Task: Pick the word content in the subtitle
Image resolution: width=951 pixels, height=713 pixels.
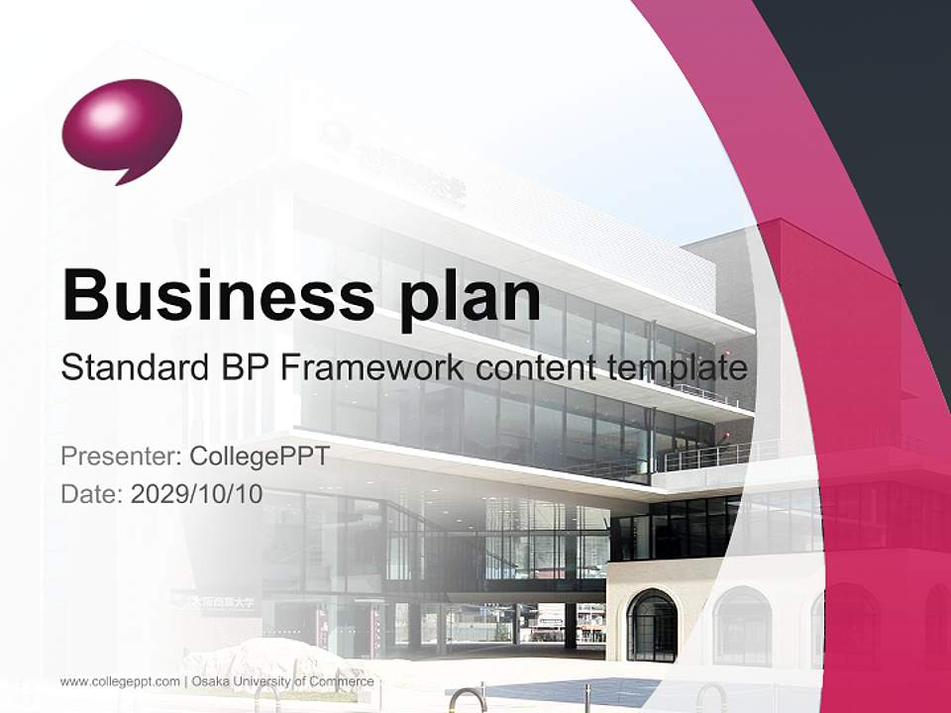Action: coord(533,368)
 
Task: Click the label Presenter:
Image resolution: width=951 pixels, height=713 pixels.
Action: coord(120,457)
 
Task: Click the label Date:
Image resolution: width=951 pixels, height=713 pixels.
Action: coord(91,494)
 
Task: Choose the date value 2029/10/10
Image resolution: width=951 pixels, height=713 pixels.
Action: coord(197,494)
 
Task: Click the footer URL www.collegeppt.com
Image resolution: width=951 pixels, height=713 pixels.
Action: coord(120,681)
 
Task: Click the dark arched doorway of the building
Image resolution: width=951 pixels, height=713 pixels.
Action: coord(652,625)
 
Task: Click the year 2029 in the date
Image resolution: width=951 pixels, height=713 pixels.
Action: coord(155,494)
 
